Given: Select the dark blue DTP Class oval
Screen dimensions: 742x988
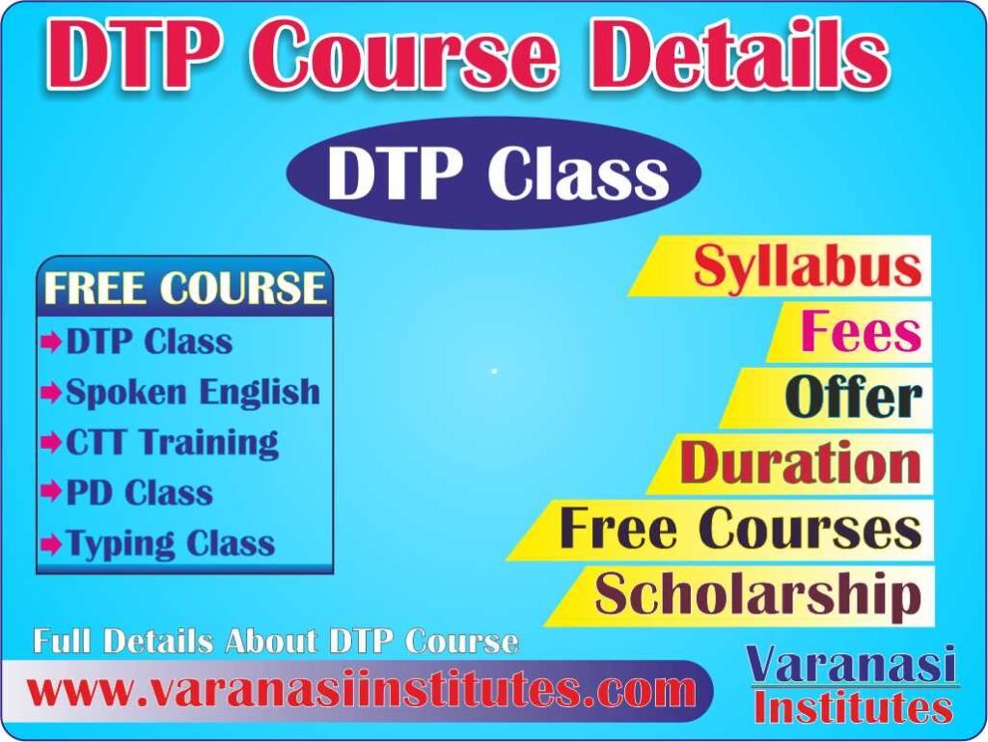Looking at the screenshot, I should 494,175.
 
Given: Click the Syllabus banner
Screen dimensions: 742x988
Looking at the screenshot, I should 807,266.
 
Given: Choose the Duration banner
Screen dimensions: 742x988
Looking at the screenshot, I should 800,463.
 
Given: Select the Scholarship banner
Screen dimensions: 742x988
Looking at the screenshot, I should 757,594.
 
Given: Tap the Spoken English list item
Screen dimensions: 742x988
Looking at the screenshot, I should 192,392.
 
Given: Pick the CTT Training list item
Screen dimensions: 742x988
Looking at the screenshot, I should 172,443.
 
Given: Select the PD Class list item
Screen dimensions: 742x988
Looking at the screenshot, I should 139,493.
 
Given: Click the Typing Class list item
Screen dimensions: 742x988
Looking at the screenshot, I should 170,543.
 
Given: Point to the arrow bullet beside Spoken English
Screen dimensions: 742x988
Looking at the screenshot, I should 51,393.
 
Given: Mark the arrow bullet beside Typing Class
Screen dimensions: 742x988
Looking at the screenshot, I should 51,544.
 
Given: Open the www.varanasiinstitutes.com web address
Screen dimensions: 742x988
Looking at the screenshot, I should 361,691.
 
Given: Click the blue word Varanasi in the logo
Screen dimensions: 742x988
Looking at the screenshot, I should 852,666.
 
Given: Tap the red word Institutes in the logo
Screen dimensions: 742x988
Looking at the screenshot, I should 853,708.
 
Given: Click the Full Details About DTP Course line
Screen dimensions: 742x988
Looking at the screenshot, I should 276,642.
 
